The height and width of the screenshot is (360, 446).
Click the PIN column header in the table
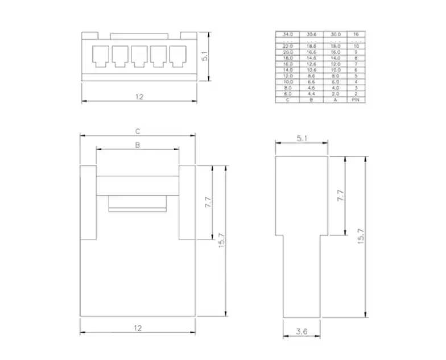click(356, 100)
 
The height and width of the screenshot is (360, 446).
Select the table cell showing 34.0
click(287, 35)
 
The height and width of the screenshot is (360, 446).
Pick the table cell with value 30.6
click(311, 35)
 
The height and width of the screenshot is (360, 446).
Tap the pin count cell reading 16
click(356, 35)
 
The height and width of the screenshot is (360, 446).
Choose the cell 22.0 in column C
click(287, 45)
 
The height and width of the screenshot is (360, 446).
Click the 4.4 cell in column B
click(311, 94)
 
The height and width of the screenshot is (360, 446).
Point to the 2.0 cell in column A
click(335, 94)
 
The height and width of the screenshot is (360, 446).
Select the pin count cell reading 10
click(356, 45)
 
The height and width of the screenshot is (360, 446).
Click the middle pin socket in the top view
click(139, 55)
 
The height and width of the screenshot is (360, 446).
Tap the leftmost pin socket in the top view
click(101, 55)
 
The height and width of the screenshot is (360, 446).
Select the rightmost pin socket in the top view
click(178, 55)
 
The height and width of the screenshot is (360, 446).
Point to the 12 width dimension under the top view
click(139, 97)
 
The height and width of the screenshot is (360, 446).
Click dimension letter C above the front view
click(138, 131)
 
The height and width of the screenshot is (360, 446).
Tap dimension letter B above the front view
click(137, 146)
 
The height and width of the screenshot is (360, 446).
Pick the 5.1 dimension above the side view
click(302, 138)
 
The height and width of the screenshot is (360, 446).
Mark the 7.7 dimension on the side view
click(341, 196)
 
